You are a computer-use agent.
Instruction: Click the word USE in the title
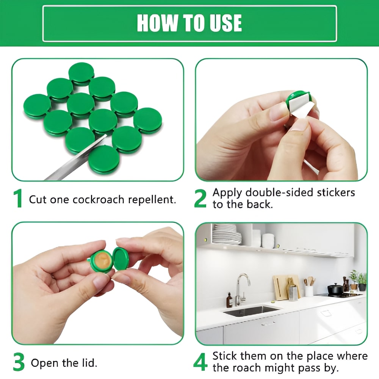(226, 23)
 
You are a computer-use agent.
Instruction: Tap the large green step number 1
(18, 199)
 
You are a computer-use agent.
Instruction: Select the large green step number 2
(200, 199)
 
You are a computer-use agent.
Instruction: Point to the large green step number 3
(19, 362)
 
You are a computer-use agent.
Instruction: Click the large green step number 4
(200, 362)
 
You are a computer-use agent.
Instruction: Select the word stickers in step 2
(336, 193)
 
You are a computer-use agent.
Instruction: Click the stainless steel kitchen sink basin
(251, 311)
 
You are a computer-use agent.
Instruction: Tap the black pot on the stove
(335, 289)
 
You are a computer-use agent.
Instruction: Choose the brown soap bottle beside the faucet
(229, 300)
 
